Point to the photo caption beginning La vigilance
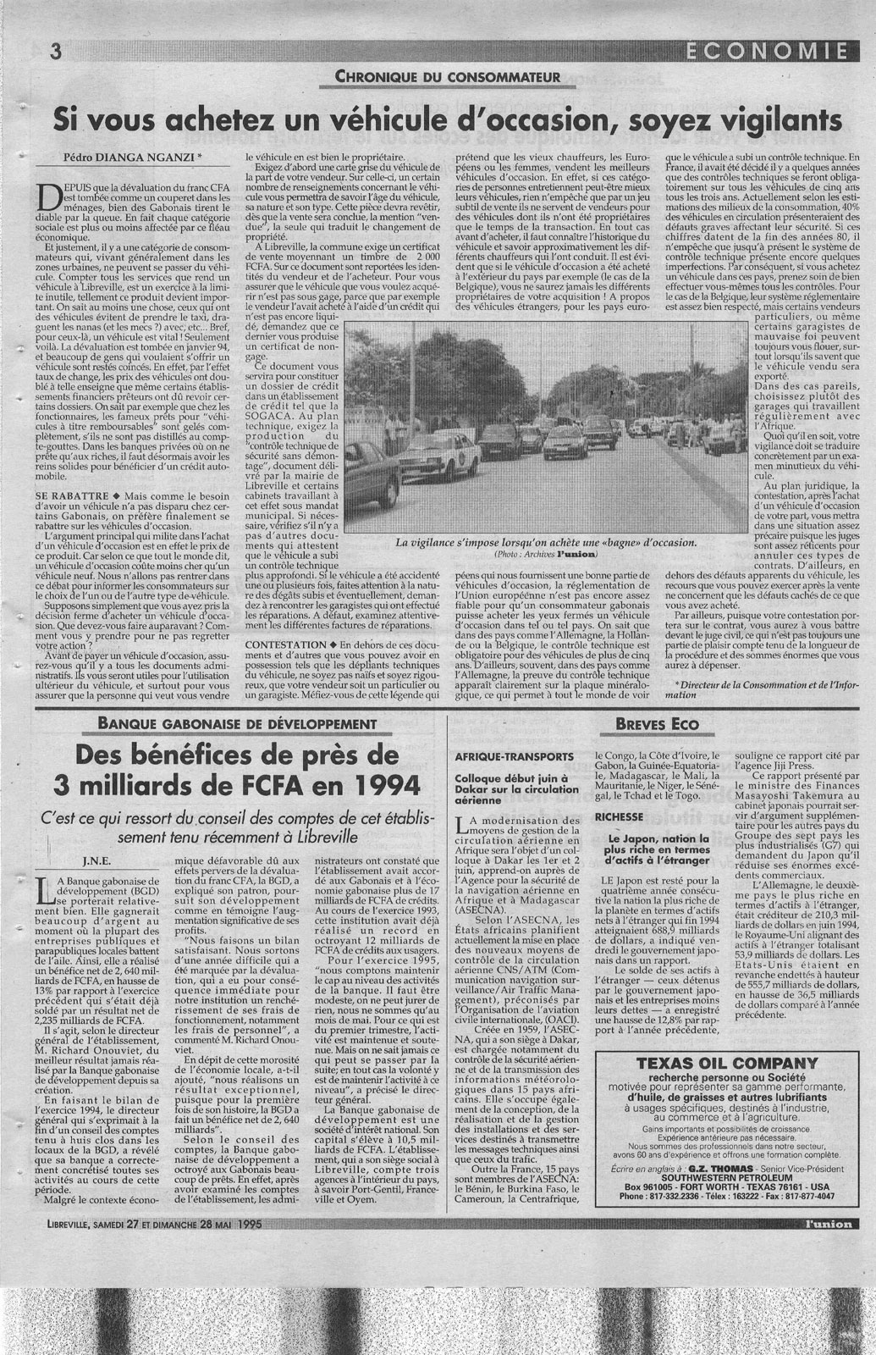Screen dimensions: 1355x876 coord(545,542)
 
